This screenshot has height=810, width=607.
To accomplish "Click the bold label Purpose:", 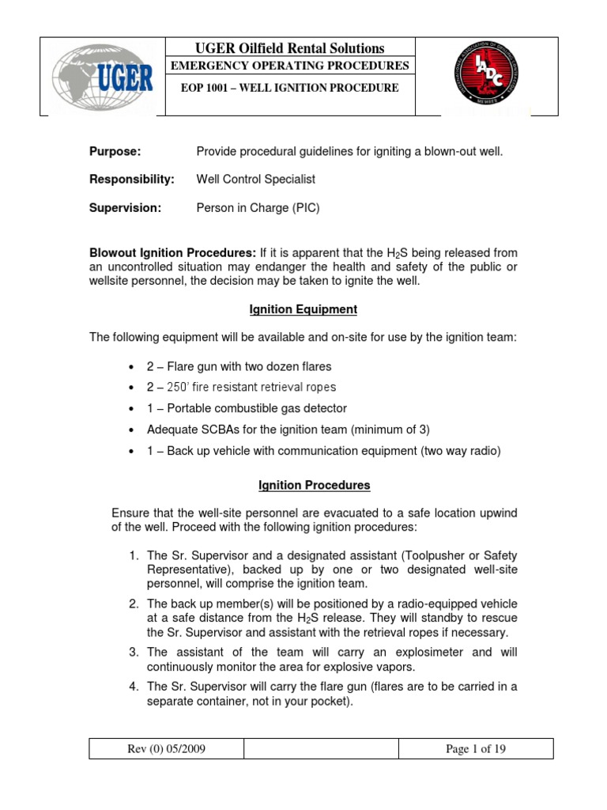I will click(115, 151).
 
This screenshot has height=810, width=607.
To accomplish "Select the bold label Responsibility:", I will click(132, 180).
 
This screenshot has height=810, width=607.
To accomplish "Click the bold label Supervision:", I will click(125, 208).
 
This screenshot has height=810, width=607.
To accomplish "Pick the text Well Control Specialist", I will click(255, 180).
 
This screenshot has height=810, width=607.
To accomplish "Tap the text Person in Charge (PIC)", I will click(258, 208).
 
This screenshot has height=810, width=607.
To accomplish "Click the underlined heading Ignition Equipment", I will click(303, 309).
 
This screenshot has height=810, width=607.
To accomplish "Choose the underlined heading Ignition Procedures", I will click(303, 485).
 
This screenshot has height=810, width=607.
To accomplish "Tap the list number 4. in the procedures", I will click(135, 687).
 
